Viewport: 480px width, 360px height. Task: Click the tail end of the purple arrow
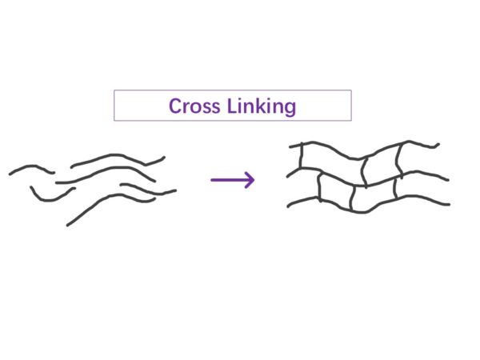[213, 180]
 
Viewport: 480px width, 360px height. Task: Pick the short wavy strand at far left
[30, 169]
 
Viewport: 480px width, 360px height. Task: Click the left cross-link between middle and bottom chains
[319, 188]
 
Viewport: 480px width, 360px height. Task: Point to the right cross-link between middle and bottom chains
[396, 187]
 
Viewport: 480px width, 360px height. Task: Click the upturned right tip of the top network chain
[438, 145]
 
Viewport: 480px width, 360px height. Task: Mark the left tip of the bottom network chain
[289, 207]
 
